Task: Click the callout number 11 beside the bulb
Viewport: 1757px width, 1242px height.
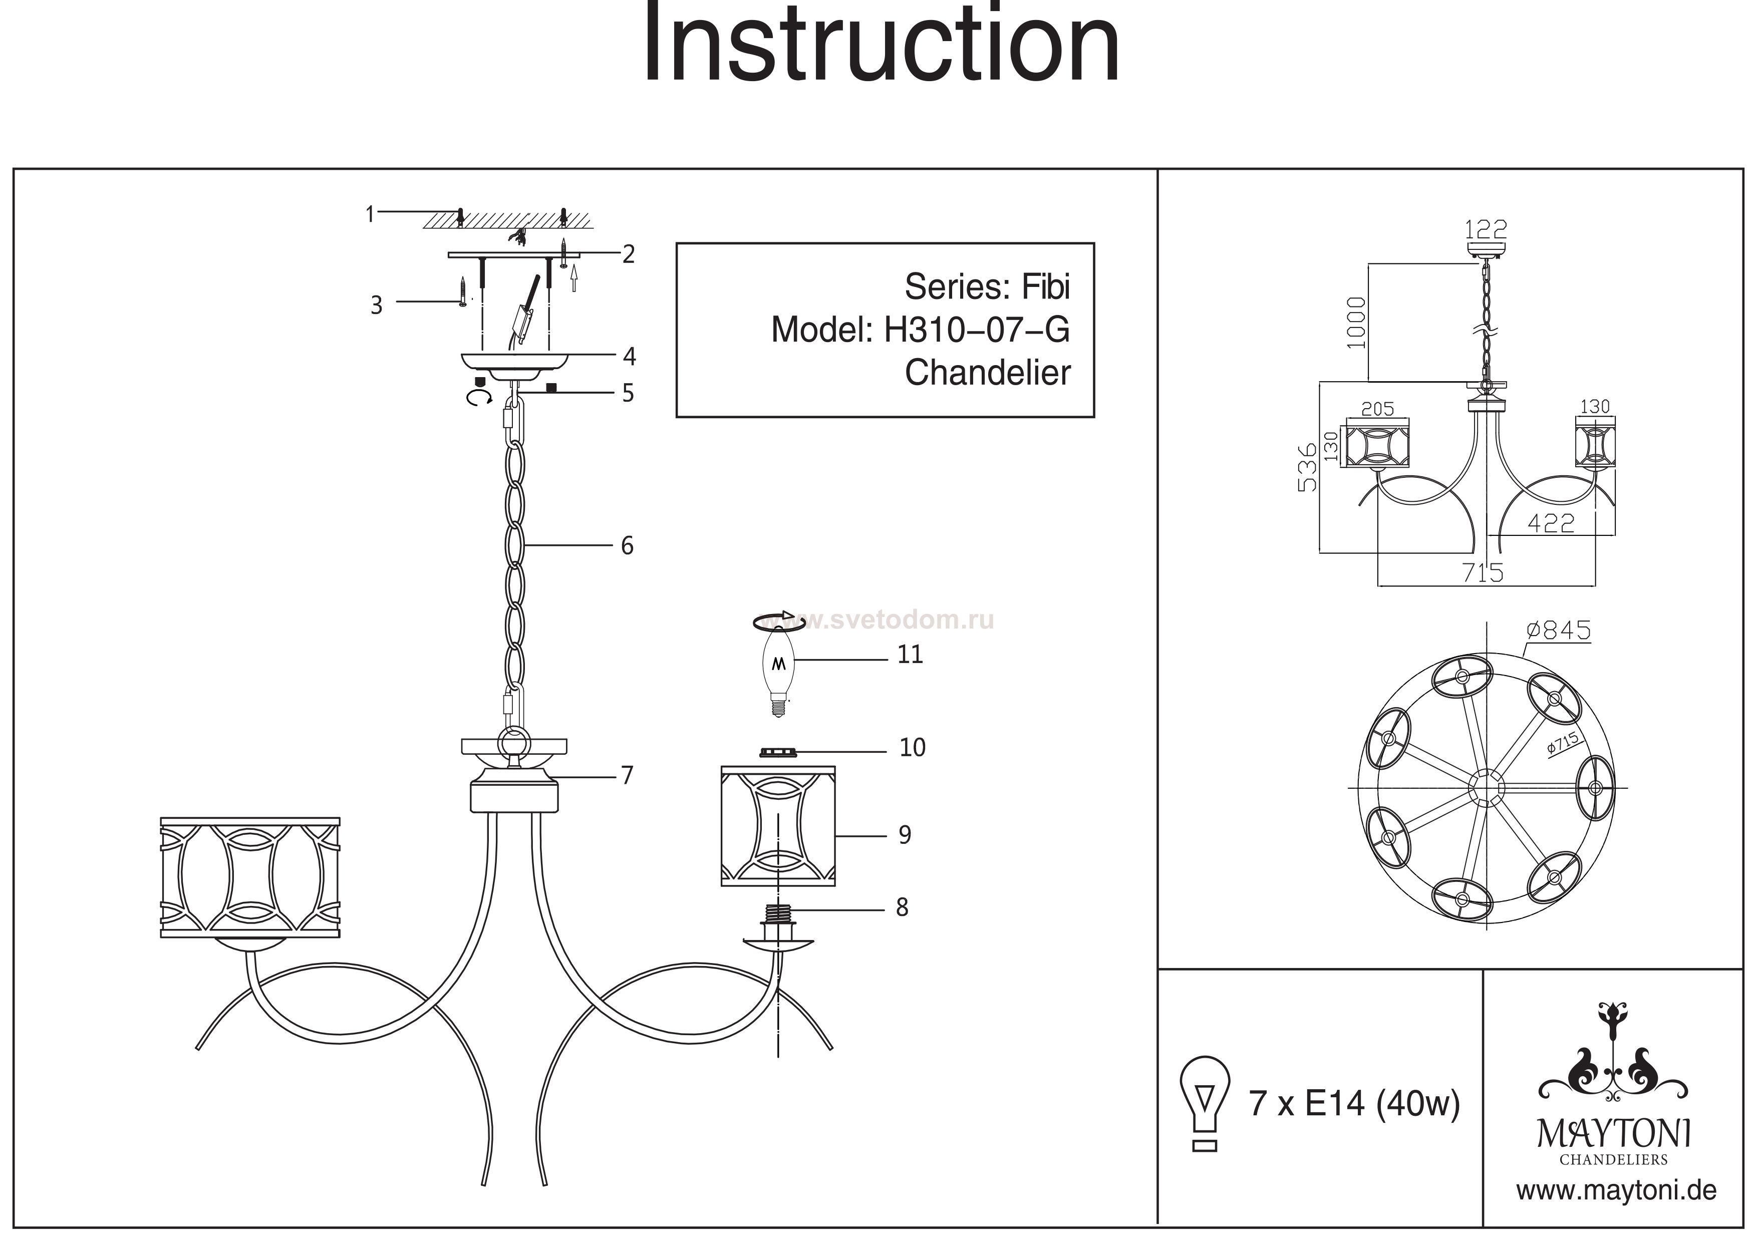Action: tap(910, 654)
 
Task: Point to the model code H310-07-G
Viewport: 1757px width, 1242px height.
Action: tap(977, 330)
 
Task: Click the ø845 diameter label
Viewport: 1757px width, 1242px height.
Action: tap(1558, 630)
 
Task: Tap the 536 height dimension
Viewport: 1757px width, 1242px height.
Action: tap(1308, 467)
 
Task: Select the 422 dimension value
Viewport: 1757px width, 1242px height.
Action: tap(1551, 523)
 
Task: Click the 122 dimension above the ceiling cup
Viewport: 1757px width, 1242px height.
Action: tap(1486, 229)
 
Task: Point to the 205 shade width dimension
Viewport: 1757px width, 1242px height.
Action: tap(1377, 409)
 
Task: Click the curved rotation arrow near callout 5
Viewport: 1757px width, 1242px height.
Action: tap(479, 397)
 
